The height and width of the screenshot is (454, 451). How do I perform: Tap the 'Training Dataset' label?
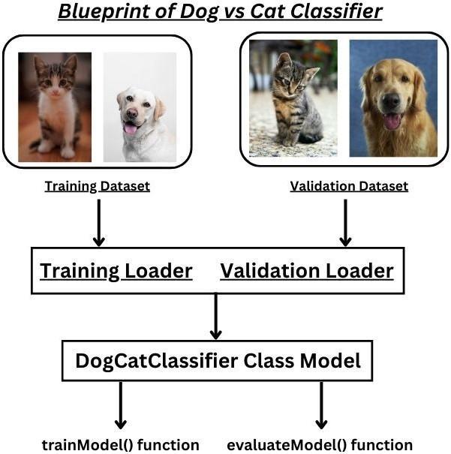(97, 186)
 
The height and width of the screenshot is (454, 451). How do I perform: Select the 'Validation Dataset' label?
(349, 186)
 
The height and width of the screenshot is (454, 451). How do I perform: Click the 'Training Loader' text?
(116, 270)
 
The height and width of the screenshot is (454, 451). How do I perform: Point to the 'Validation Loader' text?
(306, 270)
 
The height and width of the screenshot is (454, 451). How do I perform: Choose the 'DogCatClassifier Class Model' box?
(218, 361)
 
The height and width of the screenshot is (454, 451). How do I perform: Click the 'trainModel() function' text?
(120, 444)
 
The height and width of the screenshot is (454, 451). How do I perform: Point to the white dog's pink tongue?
(131, 128)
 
